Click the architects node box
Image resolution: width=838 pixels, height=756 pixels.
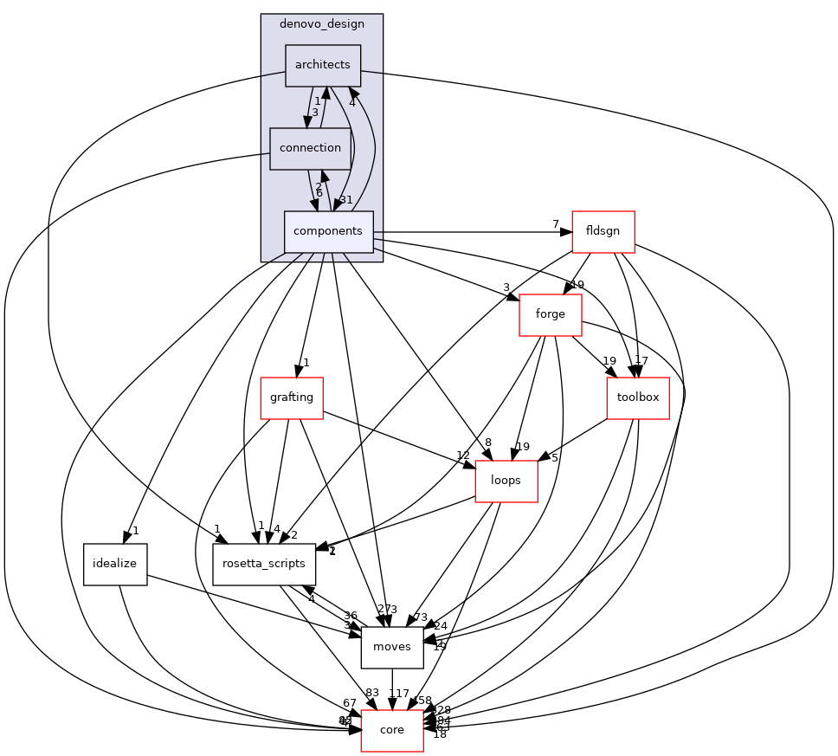[x=323, y=65]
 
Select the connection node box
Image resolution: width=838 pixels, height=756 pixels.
[x=310, y=148]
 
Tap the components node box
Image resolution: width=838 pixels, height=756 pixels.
[x=328, y=231]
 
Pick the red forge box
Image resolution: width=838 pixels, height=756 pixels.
[x=550, y=315]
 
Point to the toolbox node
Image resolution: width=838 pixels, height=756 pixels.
[x=638, y=398]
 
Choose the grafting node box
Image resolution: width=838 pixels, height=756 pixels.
[x=292, y=398]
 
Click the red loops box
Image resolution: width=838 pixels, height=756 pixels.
[x=506, y=481]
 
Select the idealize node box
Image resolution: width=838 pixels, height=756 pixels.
[x=115, y=565]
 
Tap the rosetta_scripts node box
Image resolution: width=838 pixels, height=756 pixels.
[x=264, y=565]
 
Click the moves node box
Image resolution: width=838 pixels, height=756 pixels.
[x=392, y=648]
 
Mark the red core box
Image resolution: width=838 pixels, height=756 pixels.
[x=392, y=731]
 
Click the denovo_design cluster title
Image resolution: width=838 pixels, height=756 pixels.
[x=321, y=23]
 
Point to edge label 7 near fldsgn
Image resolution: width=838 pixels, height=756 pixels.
[x=557, y=224]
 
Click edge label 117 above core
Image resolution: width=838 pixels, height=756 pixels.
[x=399, y=694]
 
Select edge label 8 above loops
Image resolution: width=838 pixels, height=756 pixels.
[x=488, y=443]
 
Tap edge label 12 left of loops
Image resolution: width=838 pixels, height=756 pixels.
[x=463, y=456]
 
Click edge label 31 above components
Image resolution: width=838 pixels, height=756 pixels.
[x=345, y=200]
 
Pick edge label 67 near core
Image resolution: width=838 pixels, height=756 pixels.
[x=350, y=702]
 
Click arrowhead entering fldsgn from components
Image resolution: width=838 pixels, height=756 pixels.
[x=566, y=232]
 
